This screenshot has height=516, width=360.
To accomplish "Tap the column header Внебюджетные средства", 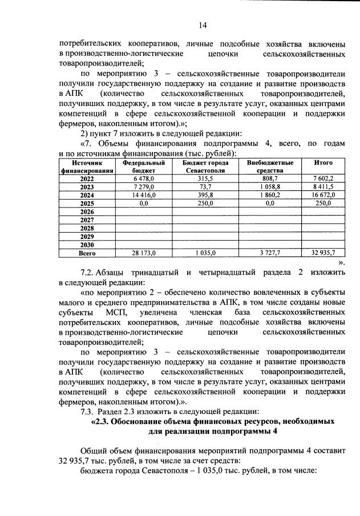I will pyautogui.click(x=269, y=166).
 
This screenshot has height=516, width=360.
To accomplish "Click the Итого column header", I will pyautogui.click(x=323, y=162).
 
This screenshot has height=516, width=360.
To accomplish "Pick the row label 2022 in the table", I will pyautogui.click(x=87, y=178).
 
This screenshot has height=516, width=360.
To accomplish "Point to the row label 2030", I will pyautogui.click(x=87, y=244).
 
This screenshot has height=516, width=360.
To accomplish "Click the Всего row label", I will pyautogui.click(x=87, y=252).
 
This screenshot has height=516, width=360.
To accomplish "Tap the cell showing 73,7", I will pyautogui.click(x=205, y=186).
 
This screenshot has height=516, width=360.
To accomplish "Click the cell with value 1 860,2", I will pyautogui.click(x=269, y=194).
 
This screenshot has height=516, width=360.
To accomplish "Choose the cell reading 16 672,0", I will pyautogui.click(x=323, y=194).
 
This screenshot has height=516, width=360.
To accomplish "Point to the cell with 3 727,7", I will pyautogui.click(x=269, y=252).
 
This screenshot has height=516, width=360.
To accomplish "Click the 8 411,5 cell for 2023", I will pyautogui.click(x=323, y=186).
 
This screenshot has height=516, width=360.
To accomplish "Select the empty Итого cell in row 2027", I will pyautogui.click(x=323, y=220).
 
